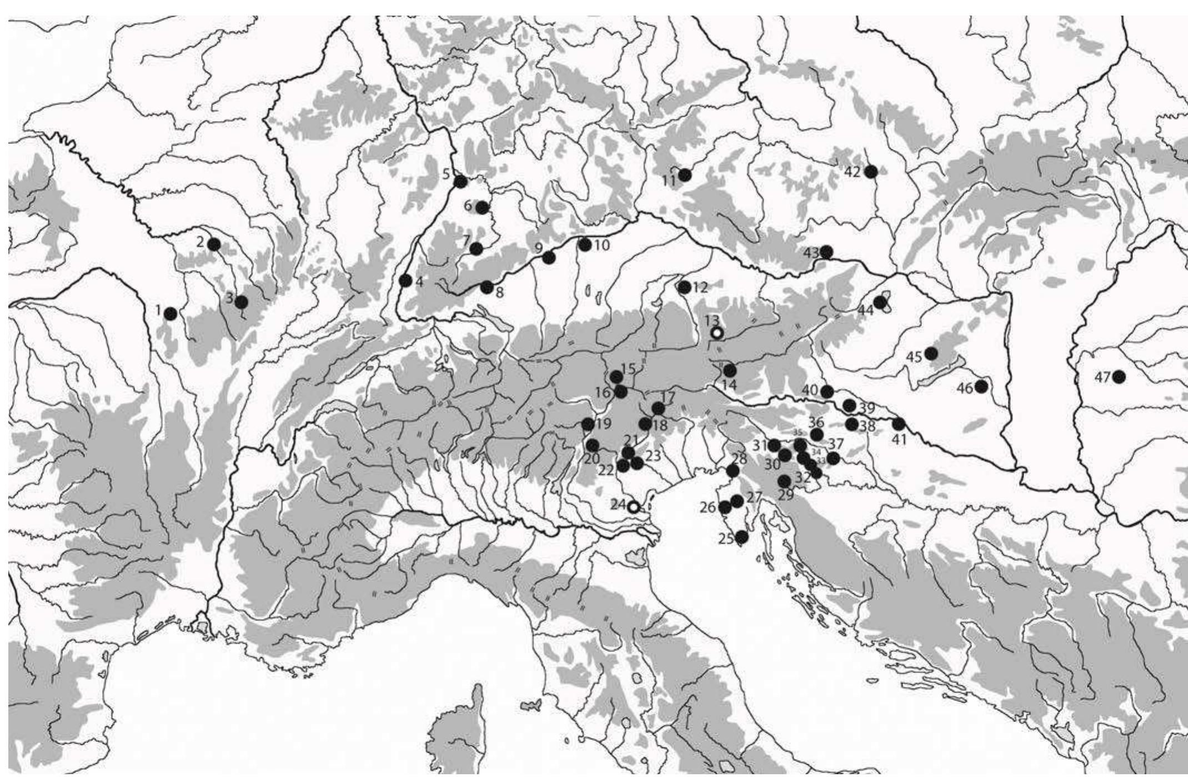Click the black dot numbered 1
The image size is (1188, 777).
tap(171, 314)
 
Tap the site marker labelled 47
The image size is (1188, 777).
tap(1119, 377)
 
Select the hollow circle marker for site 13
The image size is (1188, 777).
tap(717, 333)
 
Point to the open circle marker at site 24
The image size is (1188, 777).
tap(633, 507)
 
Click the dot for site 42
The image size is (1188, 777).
tap(871, 172)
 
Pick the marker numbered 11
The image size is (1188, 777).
tap(685, 175)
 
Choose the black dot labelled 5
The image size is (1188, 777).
tap(460, 182)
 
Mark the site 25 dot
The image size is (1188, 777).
tap(741, 537)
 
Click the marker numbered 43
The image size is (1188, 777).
tap(826, 252)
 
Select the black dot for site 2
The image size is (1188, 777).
tap(214, 244)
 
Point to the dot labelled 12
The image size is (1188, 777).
tap(685, 287)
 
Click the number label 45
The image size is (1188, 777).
tap(914, 356)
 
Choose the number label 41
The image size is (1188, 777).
tap(899, 440)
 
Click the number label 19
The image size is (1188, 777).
tap(604, 424)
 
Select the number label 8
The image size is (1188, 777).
tap(499, 292)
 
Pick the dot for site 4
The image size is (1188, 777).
tap(405, 280)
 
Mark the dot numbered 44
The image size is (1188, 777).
tap(880, 302)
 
